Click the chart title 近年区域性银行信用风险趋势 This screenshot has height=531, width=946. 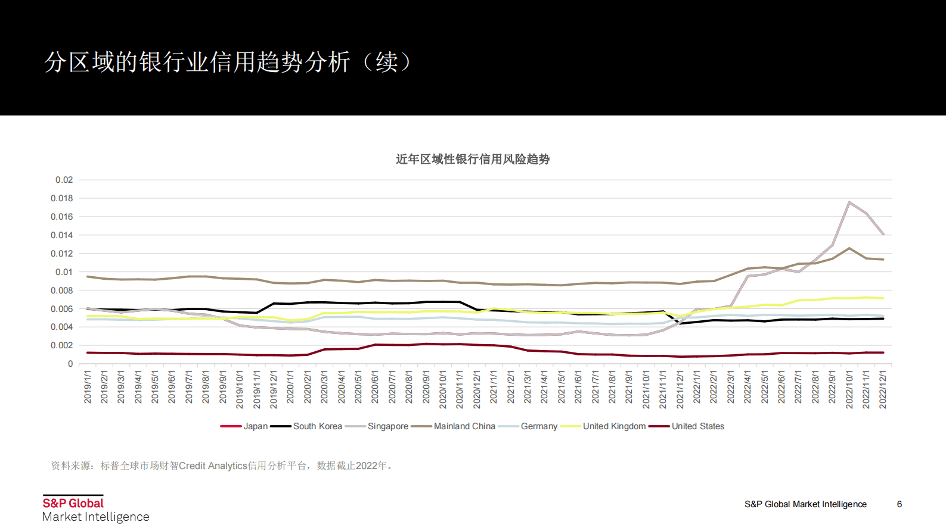pyautogui.click(x=473, y=160)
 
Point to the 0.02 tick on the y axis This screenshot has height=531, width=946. pyautogui.click(x=64, y=180)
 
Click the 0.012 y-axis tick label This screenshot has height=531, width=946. pyautogui.click(x=62, y=254)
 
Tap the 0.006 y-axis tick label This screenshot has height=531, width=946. pyautogui.click(x=62, y=309)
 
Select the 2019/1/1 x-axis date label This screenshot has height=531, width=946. pyautogui.click(x=88, y=387)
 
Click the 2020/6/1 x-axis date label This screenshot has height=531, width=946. pyautogui.click(x=375, y=387)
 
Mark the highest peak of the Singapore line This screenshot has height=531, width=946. pyautogui.click(x=849, y=202)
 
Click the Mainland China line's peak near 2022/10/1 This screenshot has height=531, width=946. pyautogui.click(x=849, y=248)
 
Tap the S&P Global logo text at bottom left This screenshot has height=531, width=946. pyautogui.click(x=73, y=503)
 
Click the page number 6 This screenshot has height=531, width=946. pyautogui.click(x=900, y=504)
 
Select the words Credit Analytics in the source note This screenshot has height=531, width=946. pyautogui.click(x=213, y=466)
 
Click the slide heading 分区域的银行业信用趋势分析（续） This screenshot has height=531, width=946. pyautogui.click(x=228, y=62)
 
